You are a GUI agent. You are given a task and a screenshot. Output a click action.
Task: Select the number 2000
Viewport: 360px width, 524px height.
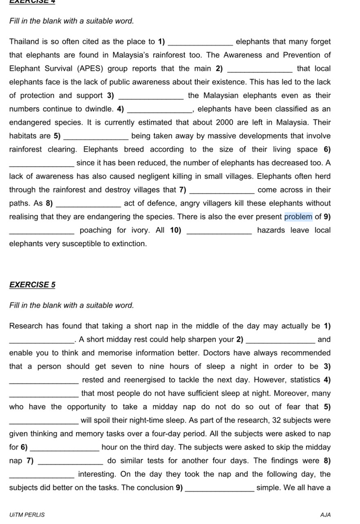click(x=225, y=123)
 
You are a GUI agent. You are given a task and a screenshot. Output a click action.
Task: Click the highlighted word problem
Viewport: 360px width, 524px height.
click(x=298, y=217)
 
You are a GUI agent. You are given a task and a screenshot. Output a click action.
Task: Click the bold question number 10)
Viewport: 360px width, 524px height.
click(x=175, y=230)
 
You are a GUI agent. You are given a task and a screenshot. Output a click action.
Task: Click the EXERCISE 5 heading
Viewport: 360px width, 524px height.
click(x=32, y=285)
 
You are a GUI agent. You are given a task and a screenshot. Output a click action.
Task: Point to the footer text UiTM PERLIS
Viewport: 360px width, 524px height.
click(x=27, y=515)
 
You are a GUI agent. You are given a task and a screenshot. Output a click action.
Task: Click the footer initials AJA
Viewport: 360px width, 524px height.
click(x=326, y=515)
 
